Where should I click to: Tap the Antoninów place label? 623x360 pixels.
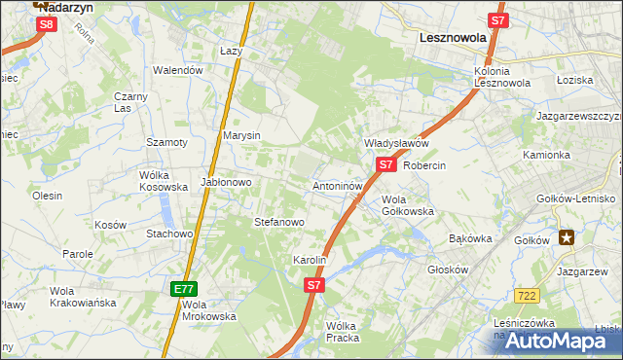(338, 185)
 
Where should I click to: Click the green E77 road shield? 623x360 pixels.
(185, 289)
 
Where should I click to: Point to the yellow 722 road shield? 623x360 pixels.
(528, 295)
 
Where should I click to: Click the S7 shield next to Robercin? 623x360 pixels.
(386, 164)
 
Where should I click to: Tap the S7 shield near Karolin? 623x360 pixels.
(313, 285)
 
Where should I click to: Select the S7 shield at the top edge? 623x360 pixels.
(497, 19)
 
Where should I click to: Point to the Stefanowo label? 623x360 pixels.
(279, 222)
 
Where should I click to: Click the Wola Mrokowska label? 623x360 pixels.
(209, 309)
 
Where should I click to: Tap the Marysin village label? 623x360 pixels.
(241, 135)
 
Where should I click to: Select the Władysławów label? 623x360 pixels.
(396, 143)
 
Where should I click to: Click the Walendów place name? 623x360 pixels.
(178, 70)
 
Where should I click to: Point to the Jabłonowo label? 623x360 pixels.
(226, 182)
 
